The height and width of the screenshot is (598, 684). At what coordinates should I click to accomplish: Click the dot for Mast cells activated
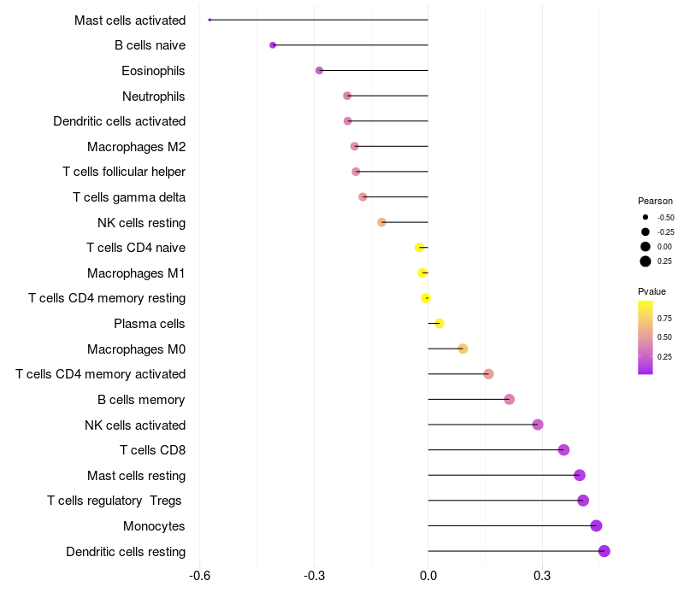pyautogui.click(x=209, y=20)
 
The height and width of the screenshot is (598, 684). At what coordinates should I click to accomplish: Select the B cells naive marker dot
pyautogui.click(x=273, y=45)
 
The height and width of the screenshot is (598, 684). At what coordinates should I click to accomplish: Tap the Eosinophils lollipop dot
pyautogui.click(x=319, y=70)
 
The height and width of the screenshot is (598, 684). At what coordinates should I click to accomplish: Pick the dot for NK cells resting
pyautogui.click(x=381, y=222)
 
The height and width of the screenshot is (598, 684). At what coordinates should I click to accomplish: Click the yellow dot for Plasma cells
pyautogui.click(x=439, y=324)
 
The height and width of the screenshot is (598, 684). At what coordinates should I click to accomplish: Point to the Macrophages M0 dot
pyautogui.click(x=463, y=349)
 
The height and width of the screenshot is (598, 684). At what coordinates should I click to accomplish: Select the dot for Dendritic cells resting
pyautogui.click(x=604, y=551)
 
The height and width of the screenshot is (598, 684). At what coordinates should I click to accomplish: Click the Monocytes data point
pyautogui.click(x=596, y=525)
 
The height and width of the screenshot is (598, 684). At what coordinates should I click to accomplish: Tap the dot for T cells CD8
pyautogui.click(x=563, y=450)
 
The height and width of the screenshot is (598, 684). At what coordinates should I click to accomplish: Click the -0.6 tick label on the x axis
pyautogui.click(x=200, y=576)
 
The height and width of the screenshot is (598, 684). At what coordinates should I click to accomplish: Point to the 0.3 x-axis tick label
pyautogui.click(x=542, y=576)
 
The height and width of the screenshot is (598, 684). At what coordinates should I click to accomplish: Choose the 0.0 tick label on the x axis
pyautogui.click(x=428, y=576)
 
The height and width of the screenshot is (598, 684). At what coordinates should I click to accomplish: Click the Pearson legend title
pyautogui.click(x=655, y=201)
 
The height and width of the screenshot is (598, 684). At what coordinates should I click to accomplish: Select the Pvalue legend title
pyautogui.click(x=652, y=291)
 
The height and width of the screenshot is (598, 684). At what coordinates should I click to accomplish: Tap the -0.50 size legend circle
pyautogui.click(x=646, y=217)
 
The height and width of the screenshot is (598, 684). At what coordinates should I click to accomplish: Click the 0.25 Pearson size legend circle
pyautogui.click(x=646, y=261)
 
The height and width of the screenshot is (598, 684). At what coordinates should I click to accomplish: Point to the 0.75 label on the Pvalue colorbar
pyautogui.click(x=664, y=318)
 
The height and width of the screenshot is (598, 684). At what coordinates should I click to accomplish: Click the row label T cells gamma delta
pyautogui.click(x=129, y=197)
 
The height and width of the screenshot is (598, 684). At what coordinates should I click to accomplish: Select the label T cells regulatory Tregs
pyautogui.click(x=115, y=501)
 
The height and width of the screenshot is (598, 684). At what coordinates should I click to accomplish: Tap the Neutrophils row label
pyautogui.click(x=154, y=97)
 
